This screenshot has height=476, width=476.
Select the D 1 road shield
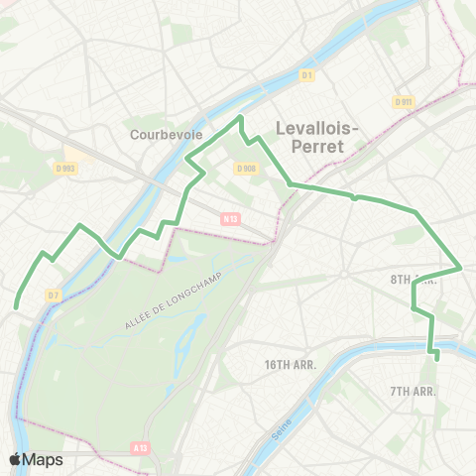pyautogui.click(x=307, y=75)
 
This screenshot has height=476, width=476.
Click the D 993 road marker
pyautogui.click(x=66, y=169)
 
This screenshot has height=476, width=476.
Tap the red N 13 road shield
pyautogui.click(x=230, y=219)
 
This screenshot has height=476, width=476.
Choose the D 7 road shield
pyautogui.click(x=53, y=296)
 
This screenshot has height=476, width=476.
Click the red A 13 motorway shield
pyautogui.click(x=141, y=447)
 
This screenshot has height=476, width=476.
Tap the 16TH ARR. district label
pyautogui.click(x=290, y=365)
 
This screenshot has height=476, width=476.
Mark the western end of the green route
pyautogui.click(x=17, y=307)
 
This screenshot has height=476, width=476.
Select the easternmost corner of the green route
pyautogui.click(x=462, y=268)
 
